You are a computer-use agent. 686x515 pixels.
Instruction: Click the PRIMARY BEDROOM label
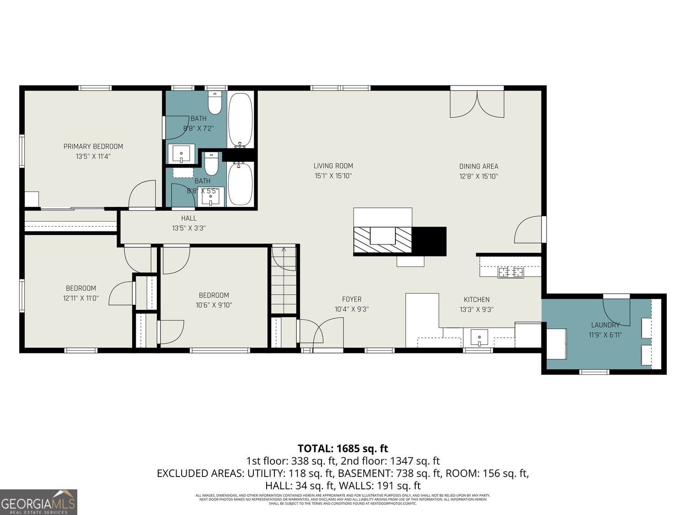pyautogui.click(x=93, y=146)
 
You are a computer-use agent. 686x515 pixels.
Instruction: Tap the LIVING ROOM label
pyautogui.click(x=333, y=166)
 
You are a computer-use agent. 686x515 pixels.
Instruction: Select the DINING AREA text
pyautogui.click(x=478, y=166)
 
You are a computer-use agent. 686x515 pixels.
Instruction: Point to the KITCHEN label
pyautogui.click(x=477, y=299)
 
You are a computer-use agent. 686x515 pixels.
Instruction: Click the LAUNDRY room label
pyautogui.click(x=605, y=325)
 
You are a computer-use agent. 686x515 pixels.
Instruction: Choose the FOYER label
pyautogui.click(x=351, y=299)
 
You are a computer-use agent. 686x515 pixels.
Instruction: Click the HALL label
pyautogui.click(x=188, y=218)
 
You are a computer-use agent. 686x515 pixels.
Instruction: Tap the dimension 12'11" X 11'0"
pyautogui.click(x=81, y=298)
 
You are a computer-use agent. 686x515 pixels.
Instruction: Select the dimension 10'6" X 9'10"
pyautogui.click(x=214, y=305)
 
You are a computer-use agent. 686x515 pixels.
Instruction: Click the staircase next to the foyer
pyautogui.click(x=284, y=279)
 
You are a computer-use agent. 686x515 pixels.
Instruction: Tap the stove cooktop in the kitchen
pyautogui.click(x=511, y=272)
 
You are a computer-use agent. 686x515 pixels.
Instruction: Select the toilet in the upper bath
pyautogui.click(x=214, y=103)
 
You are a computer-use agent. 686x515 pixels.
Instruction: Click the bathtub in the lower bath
pyautogui.click(x=240, y=184)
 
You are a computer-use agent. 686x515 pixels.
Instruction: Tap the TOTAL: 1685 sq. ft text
pyautogui.click(x=343, y=448)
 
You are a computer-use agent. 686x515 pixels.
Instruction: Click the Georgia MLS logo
pyautogui.click(x=38, y=502)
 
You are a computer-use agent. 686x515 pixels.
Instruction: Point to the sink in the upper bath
pyautogui.click(x=182, y=153)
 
